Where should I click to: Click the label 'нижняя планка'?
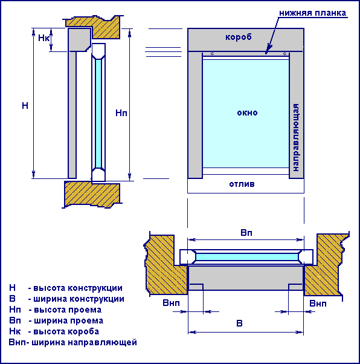(312, 13)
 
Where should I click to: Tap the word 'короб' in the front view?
(239, 37)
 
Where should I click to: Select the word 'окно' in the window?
(247, 113)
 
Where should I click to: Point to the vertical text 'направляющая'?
(296, 138)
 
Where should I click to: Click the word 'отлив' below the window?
(242, 184)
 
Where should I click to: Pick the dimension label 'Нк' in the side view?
(43, 38)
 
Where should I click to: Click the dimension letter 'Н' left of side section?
(25, 106)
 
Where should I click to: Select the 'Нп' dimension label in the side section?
(121, 113)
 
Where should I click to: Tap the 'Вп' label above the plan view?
(246, 233)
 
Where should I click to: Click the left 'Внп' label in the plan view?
(171, 303)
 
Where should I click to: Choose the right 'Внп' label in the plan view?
(318, 304)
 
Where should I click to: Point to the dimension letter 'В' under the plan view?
(239, 323)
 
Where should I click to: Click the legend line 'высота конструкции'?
(78, 288)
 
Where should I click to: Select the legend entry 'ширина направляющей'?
(84, 342)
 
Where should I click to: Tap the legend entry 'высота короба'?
(66, 331)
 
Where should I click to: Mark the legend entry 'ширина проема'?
(69, 320)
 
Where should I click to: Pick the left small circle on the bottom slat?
(212, 54)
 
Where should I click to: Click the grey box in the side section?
(79, 39)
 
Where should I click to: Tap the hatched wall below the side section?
(92, 194)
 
